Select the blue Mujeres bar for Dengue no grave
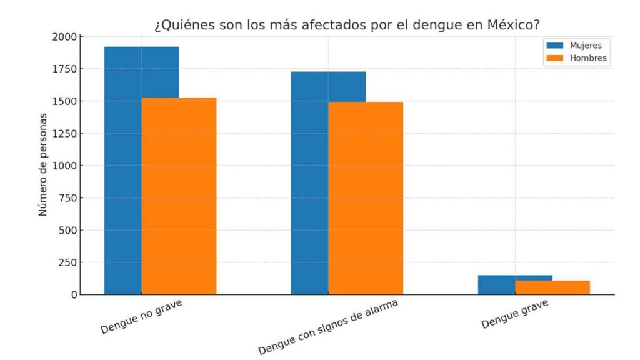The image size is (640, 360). pyautogui.click(x=123, y=169)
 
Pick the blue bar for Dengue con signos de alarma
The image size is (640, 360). pyautogui.click(x=309, y=181)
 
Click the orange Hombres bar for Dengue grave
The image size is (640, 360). pyautogui.click(x=552, y=287)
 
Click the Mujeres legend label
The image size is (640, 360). pyautogui.click(x=586, y=46)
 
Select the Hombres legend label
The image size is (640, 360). pyautogui.click(x=587, y=58)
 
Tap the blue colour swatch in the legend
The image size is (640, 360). pyautogui.click(x=555, y=46)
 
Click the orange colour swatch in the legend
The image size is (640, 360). pyautogui.click(x=555, y=58)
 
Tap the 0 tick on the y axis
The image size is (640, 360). pyautogui.click(x=73, y=294)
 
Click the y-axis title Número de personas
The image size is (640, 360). pyautogui.click(x=43, y=165)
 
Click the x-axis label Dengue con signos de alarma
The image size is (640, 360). pyautogui.click(x=327, y=327)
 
